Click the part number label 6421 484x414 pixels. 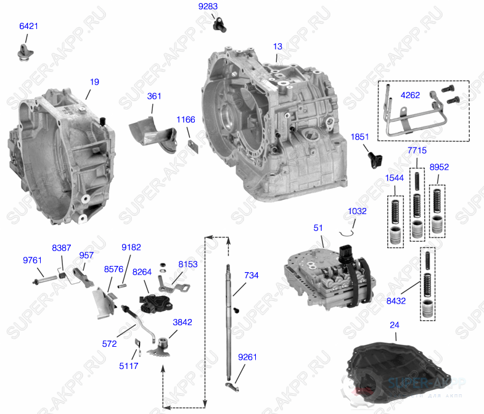click(28, 27)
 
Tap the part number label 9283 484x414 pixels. click(208, 7)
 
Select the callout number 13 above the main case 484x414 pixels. click(278, 46)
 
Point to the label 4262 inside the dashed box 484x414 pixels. click(411, 96)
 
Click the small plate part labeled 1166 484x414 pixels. click(192, 146)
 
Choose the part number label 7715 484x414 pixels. click(417, 150)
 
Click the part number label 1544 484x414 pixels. click(395, 178)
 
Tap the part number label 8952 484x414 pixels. click(439, 167)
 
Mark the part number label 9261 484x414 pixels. click(248, 357)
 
